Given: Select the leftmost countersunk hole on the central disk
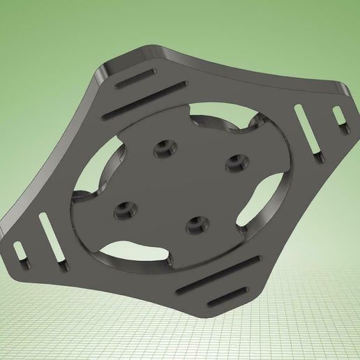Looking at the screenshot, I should click(126, 209).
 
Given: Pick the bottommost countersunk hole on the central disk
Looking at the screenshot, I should click(196, 224).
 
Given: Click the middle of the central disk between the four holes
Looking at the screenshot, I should click(181, 185).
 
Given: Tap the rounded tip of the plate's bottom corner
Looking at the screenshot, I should click(209, 315).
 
